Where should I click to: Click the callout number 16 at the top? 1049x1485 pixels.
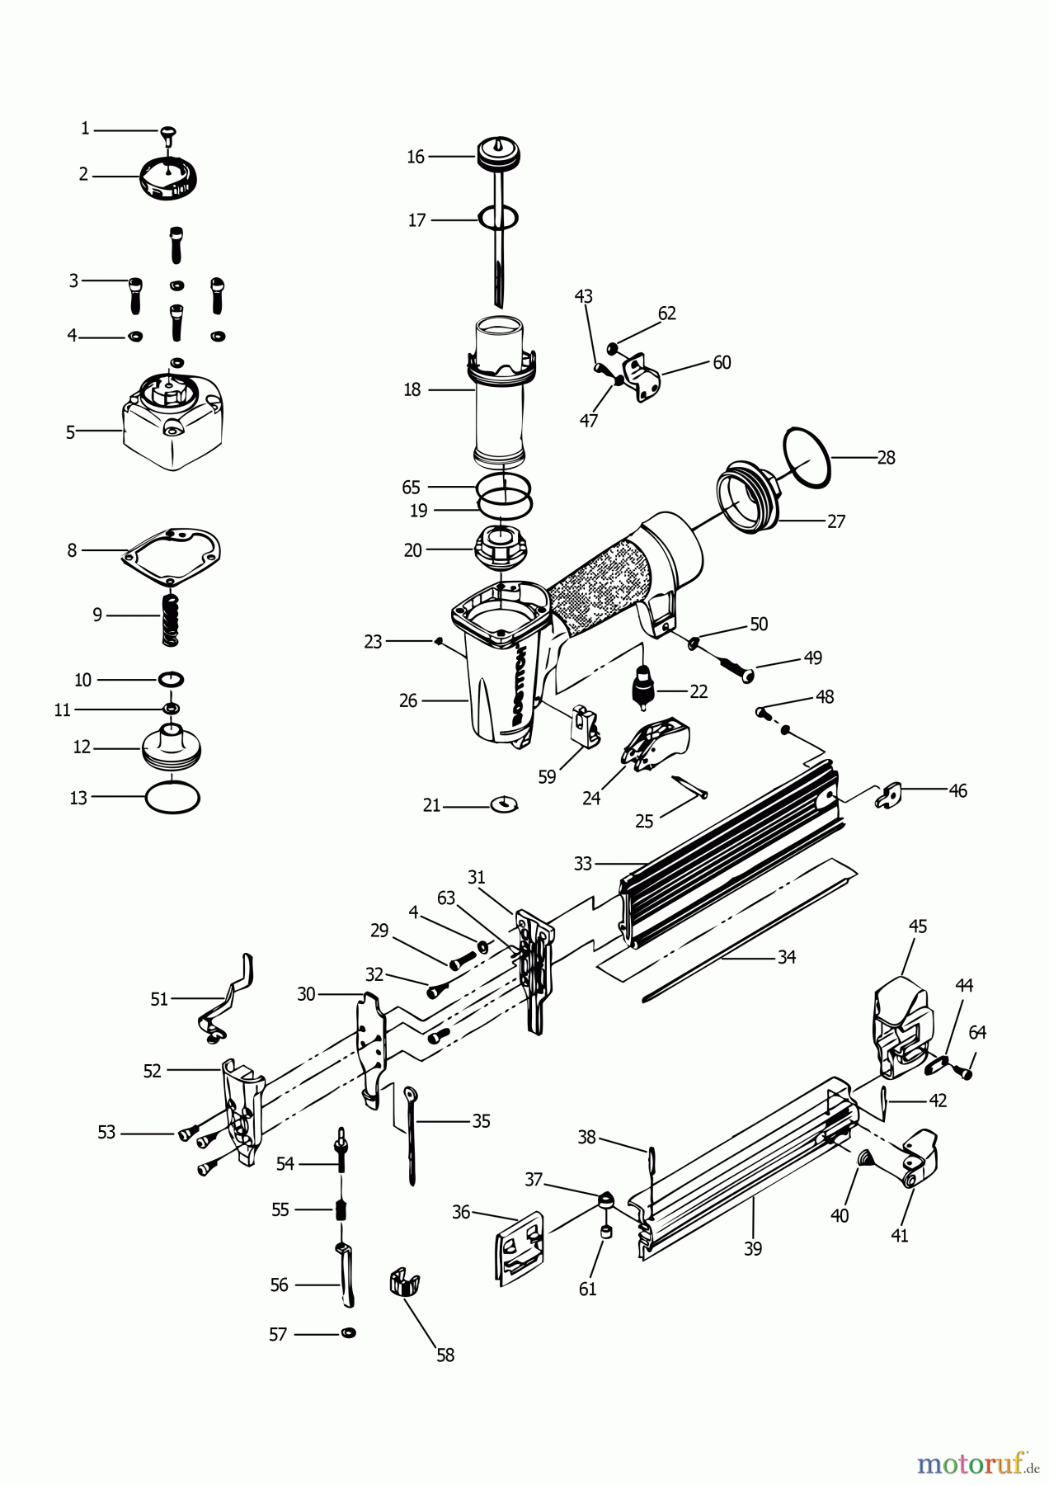pyautogui.click(x=416, y=157)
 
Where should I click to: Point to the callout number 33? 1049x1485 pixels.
pyautogui.click(x=583, y=864)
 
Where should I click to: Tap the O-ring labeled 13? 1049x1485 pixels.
pyautogui.click(x=172, y=798)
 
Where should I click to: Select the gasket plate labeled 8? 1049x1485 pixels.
pyautogui.click(x=172, y=553)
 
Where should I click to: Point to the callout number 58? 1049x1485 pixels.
pyautogui.click(x=445, y=1355)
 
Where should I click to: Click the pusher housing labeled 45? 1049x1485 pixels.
pyautogui.click(x=901, y=1027)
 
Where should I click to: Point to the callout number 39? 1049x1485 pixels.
pyautogui.click(x=753, y=1249)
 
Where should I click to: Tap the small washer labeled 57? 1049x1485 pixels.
pyautogui.click(x=348, y=1333)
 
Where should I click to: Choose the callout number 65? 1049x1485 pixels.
pyautogui.click(x=412, y=487)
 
